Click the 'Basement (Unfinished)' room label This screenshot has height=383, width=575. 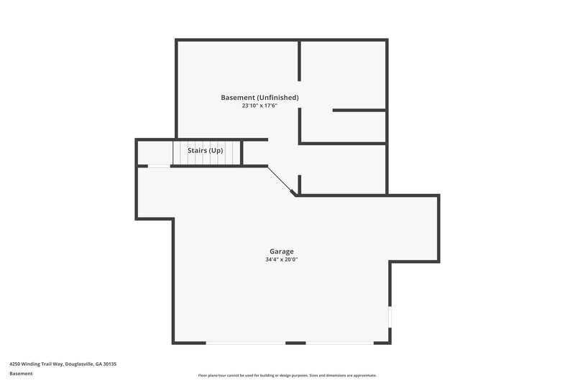tap(259, 97)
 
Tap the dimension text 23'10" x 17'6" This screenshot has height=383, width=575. tap(259, 106)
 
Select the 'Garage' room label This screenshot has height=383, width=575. tap(282, 252)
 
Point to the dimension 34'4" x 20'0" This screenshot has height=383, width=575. tap(282, 259)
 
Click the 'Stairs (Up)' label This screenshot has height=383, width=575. tap(206, 151)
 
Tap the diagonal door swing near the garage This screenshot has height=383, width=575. tap(281, 180)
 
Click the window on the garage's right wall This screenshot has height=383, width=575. tap(390, 317)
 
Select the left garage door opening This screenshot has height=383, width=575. tap(246, 343)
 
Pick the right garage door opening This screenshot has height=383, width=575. tap(339, 343)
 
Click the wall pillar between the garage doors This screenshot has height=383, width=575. tap(295, 343)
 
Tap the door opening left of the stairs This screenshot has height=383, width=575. tap(159, 166)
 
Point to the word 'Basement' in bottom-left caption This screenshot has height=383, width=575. tap(20, 374)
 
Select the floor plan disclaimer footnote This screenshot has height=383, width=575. tap(287, 375)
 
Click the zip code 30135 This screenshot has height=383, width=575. tap(109, 364)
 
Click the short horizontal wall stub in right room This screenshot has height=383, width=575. tap(359, 110)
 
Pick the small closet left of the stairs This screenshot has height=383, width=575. tap(154, 152)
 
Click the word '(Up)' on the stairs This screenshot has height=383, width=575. tap(216, 151)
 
